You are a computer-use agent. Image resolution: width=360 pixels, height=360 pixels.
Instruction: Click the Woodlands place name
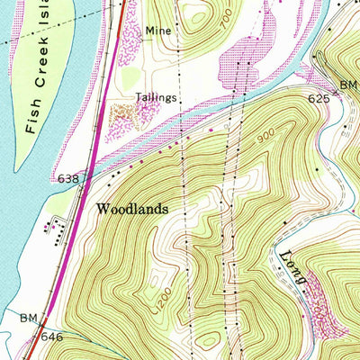132,208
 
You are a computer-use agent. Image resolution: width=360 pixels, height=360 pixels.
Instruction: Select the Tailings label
157,96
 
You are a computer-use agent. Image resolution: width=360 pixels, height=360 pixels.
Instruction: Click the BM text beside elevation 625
350,84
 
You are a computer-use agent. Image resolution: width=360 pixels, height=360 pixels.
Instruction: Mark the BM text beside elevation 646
28,318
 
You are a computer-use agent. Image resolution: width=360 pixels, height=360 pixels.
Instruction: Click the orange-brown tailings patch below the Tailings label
122,112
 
